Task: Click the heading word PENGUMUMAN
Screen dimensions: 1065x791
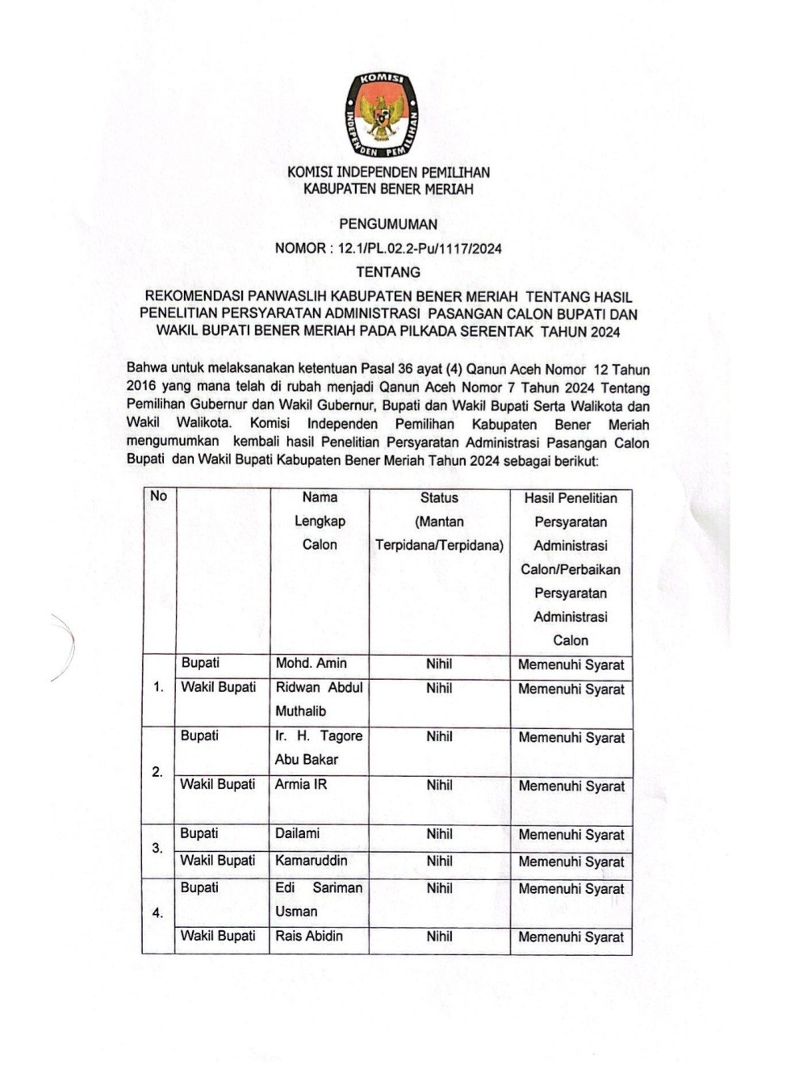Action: (387, 224)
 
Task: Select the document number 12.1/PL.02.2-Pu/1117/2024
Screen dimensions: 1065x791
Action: (420, 249)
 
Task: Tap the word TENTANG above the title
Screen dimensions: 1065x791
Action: (388, 272)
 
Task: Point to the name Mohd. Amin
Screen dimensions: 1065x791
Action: (311, 664)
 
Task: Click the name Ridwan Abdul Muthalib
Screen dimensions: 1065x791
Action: (319, 699)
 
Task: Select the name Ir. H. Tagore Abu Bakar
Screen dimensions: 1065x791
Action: (318, 748)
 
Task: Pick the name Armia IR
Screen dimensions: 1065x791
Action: (300, 785)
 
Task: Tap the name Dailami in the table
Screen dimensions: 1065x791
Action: (297, 833)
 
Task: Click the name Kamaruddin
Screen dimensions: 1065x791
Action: (311, 861)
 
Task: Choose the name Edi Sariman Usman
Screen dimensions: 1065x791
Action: (318, 899)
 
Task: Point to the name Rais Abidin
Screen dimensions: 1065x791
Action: (308, 937)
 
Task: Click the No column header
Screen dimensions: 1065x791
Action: (158, 496)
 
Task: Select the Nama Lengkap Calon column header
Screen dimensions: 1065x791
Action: (320, 521)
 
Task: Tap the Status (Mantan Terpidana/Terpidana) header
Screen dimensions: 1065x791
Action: (439, 522)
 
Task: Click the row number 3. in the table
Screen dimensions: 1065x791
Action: (157, 849)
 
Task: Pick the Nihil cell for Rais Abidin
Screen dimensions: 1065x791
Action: (439, 937)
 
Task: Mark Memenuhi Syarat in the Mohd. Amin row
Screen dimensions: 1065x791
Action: (571, 665)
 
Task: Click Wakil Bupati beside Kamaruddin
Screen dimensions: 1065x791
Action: (218, 861)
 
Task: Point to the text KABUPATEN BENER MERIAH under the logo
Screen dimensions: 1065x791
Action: (388, 190)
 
